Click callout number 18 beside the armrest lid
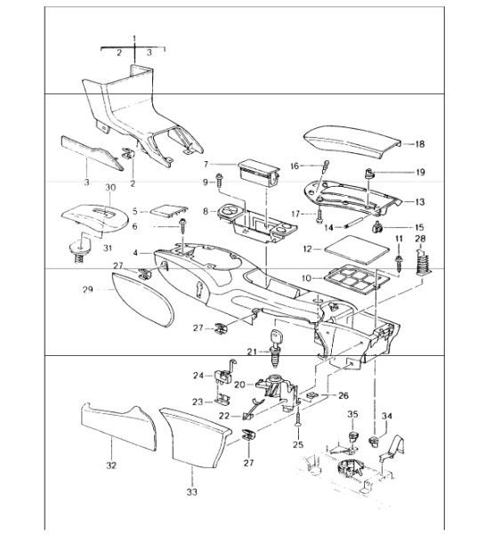420,144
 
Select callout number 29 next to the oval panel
88,289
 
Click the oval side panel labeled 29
142,299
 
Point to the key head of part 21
276,336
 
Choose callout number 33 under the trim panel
191,492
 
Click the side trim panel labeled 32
118,427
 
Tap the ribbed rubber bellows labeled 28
424,263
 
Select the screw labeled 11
399,262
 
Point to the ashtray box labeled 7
259,173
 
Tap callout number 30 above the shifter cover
110,187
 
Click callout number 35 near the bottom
352,414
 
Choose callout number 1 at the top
134,38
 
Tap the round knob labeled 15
377,227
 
